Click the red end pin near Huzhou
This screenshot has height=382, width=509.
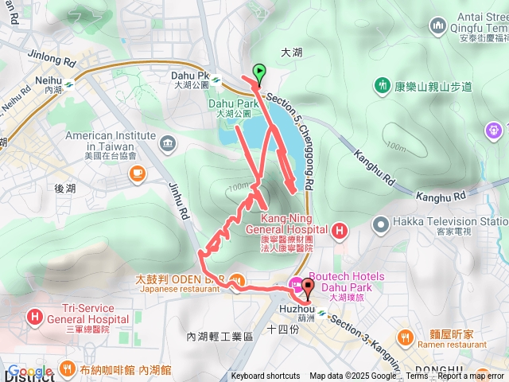pos(308,287)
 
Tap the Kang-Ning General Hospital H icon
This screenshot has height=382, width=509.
pos(340,232)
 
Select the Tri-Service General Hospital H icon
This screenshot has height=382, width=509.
pos(35,317)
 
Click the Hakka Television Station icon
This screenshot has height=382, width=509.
pos(379,222)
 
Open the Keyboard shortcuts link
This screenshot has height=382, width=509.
pos(266,376)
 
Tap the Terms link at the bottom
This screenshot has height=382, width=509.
pos(417,376)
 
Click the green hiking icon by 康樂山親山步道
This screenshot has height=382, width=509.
pos(383,85)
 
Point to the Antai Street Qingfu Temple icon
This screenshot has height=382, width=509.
pos(437,26)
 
